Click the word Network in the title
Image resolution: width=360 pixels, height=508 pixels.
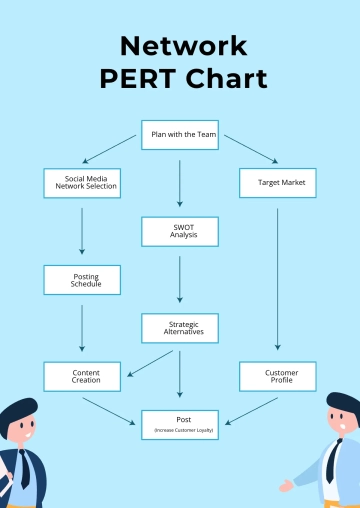coord(183,47)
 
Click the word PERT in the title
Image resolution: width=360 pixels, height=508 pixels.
coord(134,79)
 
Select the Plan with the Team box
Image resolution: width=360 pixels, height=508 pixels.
coord(180,134)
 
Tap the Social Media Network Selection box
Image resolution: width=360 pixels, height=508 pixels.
coord(82,182)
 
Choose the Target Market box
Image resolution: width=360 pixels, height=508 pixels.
coord(278,183)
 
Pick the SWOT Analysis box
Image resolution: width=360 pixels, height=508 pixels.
coord(180,232)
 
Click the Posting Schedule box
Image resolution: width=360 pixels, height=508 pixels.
coord(82,279)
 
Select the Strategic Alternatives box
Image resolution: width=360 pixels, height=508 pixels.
coord(180,327)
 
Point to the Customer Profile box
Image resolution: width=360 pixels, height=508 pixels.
coord(278,376)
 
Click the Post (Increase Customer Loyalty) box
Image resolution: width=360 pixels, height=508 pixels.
coord(180,424)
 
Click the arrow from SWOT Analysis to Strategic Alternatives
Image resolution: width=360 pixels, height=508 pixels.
coord(180,278)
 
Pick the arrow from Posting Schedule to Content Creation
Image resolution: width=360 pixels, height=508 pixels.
coord(82,327)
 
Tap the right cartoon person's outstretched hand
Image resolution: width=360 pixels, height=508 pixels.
coord(288,485)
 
